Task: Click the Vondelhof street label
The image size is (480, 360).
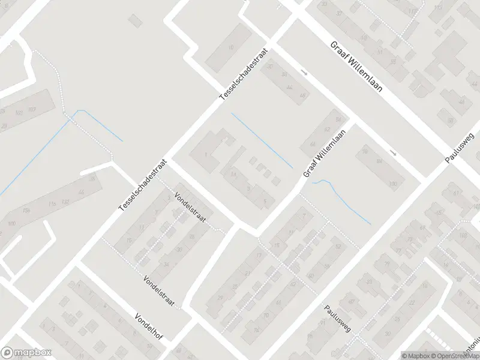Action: click(x=149, y=326)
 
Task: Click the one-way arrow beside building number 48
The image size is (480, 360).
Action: click(x=304, y=73)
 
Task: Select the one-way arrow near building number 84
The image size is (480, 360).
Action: click(x=393, y=153)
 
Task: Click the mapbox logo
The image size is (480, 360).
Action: click(x=27, y=353)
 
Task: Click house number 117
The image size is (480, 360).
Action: click(x=412, y=12)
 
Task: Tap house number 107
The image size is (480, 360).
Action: click(x=32, y=109)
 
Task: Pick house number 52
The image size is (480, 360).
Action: click(x=338, y=247)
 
